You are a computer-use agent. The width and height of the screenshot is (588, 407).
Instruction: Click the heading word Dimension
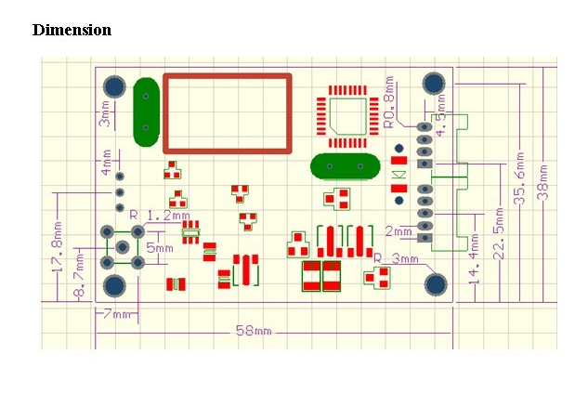(x=72, y=30)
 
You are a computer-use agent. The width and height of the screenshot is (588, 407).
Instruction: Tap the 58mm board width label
(x=253, y=332)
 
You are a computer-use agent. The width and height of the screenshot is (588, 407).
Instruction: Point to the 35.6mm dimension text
(x=521, y=178)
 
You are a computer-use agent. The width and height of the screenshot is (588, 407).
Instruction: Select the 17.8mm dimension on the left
(x=58, y=248)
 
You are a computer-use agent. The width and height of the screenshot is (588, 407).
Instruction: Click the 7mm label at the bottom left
(x=118, y=314)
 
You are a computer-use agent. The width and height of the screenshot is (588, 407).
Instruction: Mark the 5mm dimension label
(x=160, y=248)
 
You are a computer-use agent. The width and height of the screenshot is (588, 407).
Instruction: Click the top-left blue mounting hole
(x=114, y=86)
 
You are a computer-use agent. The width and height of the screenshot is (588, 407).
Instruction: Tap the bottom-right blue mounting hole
(x=436, y=282)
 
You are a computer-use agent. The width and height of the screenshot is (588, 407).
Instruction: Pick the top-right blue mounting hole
(x=432, y=83)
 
